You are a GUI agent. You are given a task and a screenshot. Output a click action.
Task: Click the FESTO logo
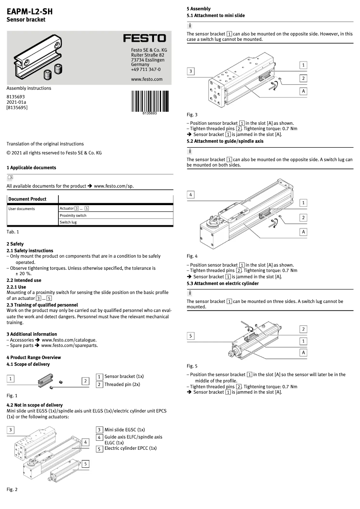(145, 39)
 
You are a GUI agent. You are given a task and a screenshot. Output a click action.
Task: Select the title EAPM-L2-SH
(30, 12)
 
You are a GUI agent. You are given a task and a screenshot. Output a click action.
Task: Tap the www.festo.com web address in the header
(146, 79)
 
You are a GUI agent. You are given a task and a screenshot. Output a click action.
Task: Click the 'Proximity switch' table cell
(73, 215)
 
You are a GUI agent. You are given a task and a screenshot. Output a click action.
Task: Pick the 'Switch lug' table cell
(68, 223)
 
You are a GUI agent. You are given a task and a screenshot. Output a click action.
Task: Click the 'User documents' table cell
(22, 209)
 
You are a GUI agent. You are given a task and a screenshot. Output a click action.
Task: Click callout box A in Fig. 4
(303, 232)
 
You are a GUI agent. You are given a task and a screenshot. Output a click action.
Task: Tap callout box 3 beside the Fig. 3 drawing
(191, 71)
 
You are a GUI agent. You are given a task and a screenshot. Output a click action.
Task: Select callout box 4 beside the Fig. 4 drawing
(191, 195)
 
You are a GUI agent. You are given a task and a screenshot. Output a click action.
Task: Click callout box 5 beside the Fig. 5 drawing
(191, 336)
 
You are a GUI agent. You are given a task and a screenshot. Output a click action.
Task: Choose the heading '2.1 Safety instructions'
(30, 250)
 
